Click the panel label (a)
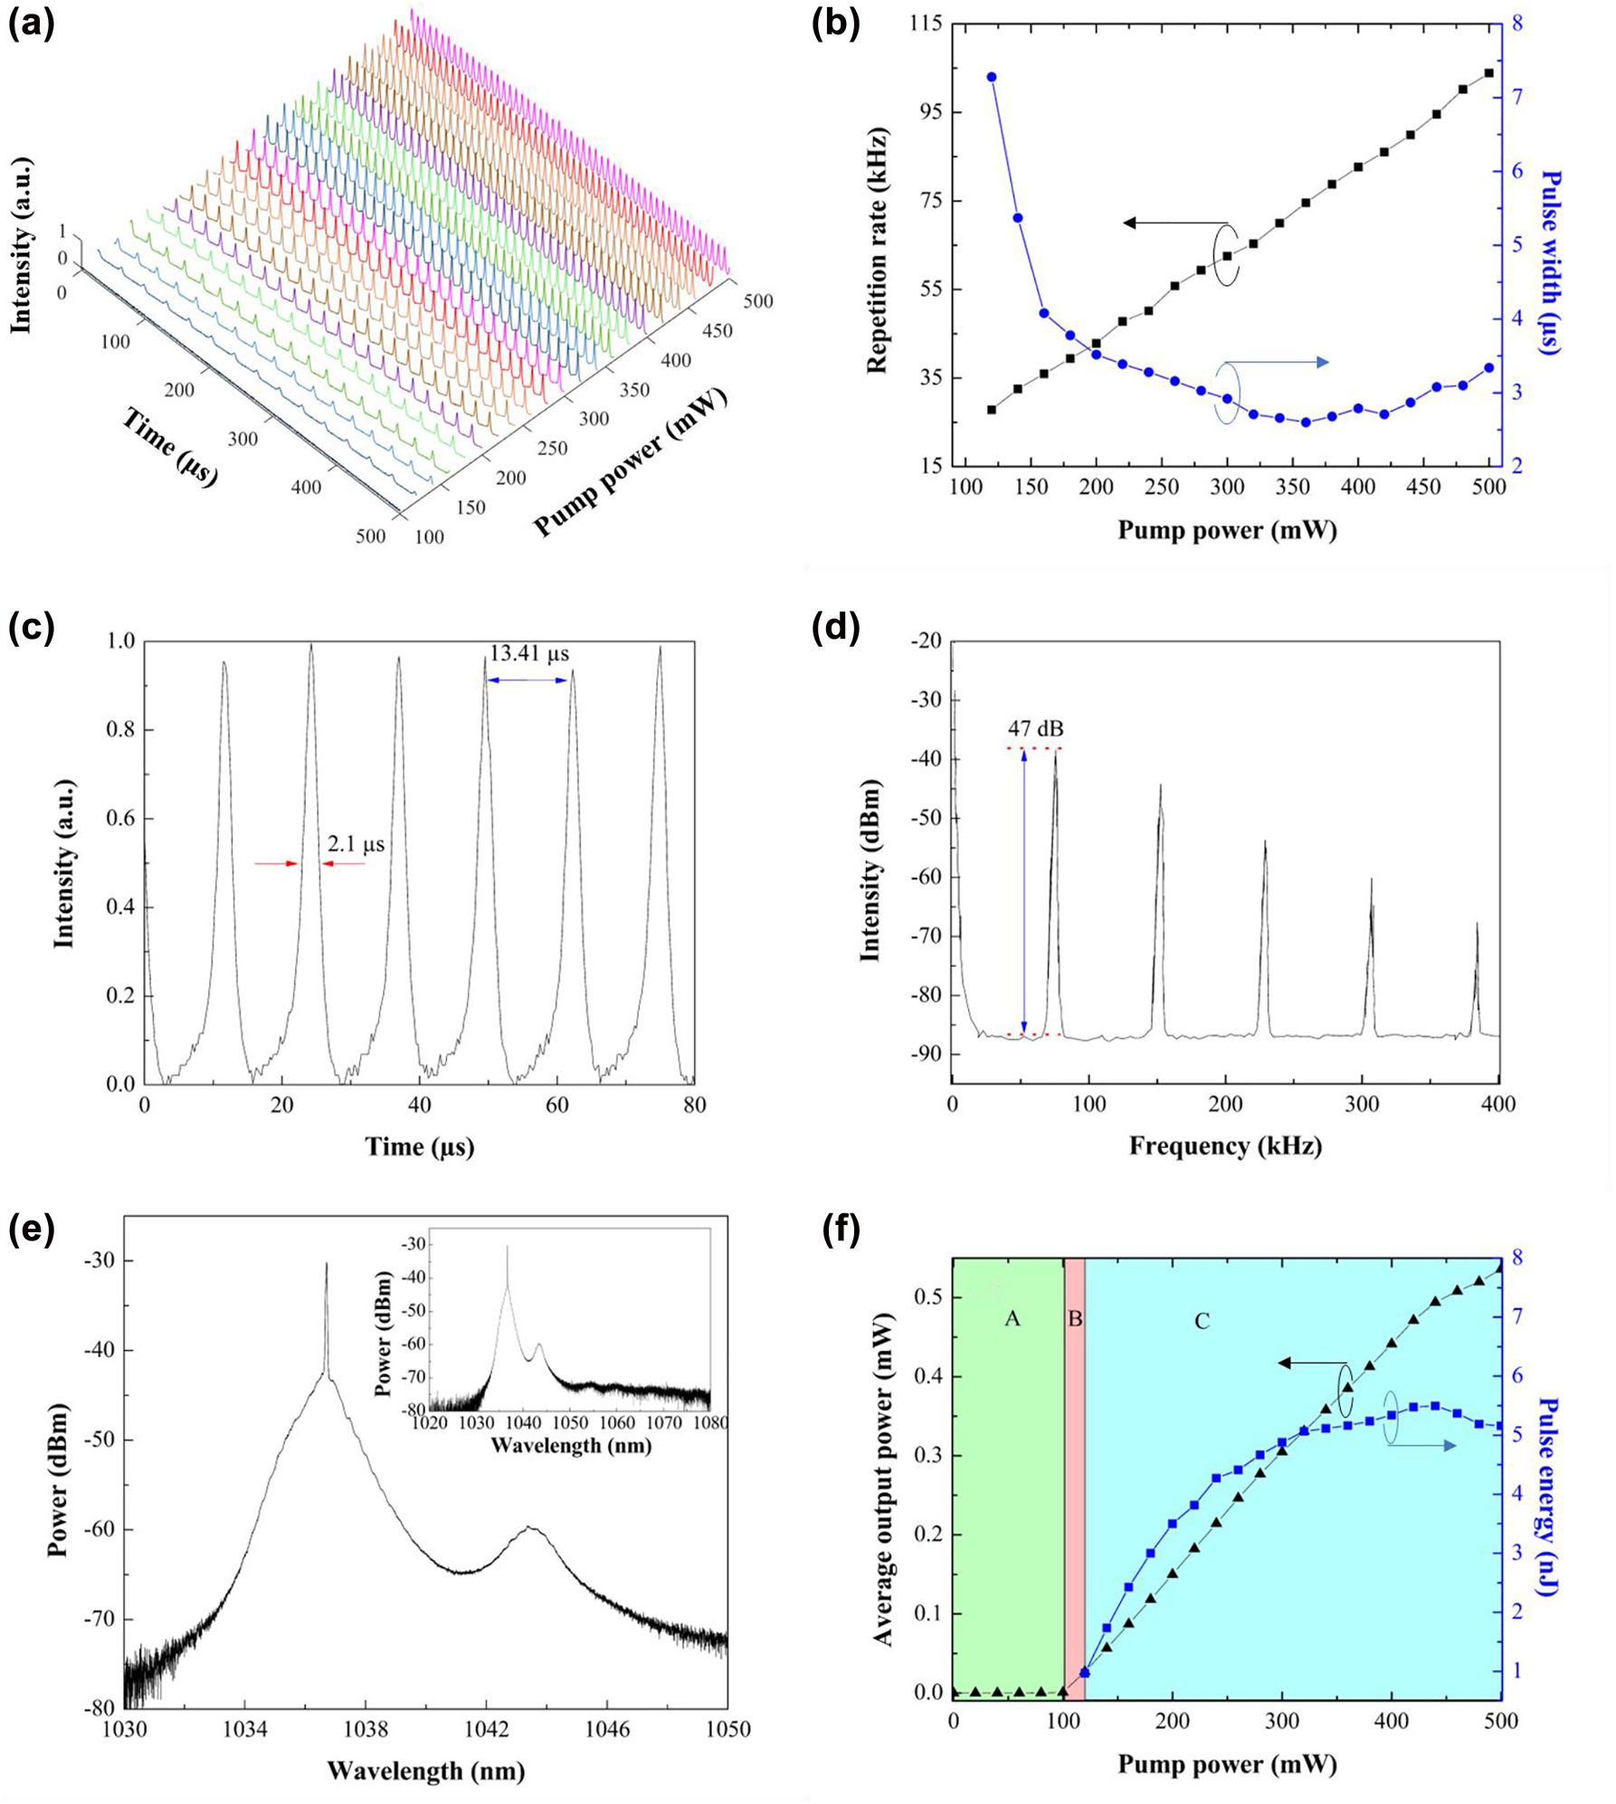click(31, 24)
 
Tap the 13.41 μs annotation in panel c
click(529, 653)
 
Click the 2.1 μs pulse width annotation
click(356, 845)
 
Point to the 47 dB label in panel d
click(1036, 728)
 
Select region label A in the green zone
click(1012, 1318)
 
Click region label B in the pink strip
click(1075, 1318)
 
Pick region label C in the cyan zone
click(1202, 1322)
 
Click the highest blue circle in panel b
click(992, 77)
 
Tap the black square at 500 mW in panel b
click(1489, 73)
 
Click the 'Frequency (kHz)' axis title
click(1225, 1147)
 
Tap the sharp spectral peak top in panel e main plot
click(327, 1265)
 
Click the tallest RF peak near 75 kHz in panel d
click(1055, 753)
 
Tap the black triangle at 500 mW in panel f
click(1500, 1268)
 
